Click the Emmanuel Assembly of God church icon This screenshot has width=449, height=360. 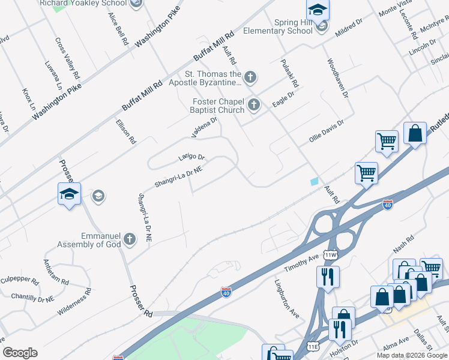(129, 241)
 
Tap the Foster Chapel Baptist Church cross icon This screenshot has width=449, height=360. (253, 106)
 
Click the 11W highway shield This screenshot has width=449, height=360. (330, 255)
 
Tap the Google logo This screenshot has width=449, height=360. (20, 352)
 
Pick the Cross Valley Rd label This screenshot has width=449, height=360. (67, 59)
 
